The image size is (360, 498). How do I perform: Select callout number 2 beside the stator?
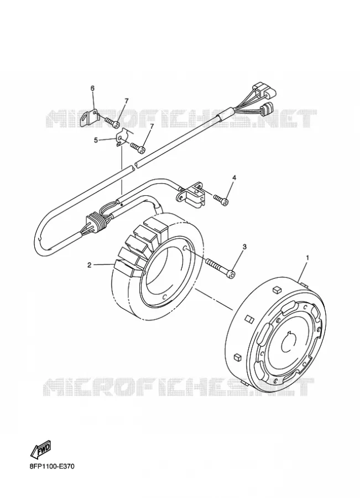(x=90, y=265)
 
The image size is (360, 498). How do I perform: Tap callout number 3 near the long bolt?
(x=244, y=246)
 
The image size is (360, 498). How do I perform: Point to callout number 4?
(x=234, y=178)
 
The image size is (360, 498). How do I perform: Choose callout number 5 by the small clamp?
(x=95, y=139)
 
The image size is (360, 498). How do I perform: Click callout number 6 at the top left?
(x=93, y=89)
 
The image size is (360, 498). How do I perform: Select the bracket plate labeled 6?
(x=90, y=118)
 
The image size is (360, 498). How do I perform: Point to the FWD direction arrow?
(x=40, y=450)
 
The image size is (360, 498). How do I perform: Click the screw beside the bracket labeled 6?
(x=111, y=122)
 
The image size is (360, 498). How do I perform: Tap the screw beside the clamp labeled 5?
(x=137, y=147)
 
